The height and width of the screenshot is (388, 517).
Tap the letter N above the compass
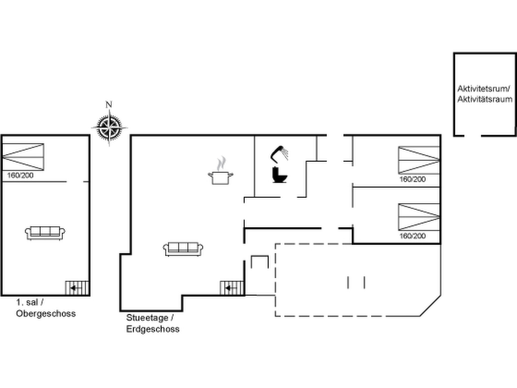(109, 104)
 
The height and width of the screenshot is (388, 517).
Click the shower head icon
(279, 153)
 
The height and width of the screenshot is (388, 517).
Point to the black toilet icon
(280, 175)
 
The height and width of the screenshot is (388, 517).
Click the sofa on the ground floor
(183, 249)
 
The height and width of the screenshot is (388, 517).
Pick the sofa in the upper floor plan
(45, 233)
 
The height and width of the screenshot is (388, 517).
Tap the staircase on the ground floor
(232, 288)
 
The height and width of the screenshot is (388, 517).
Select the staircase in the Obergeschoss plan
(77, 288)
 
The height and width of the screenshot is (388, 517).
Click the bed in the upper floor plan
(23, 157)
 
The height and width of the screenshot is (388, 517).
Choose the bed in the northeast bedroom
(419, 160)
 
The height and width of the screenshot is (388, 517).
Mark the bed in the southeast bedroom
(419, 217)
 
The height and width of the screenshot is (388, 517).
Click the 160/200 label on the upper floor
(20, 175)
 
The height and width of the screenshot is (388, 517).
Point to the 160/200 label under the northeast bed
(412, 179)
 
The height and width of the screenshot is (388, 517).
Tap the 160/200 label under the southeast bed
(412, 236)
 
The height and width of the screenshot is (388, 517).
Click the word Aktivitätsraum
(485, 99)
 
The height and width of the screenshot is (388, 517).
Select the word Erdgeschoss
(153, 329)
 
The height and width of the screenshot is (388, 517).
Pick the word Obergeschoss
(46, 313)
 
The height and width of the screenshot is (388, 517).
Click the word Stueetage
(147, 318)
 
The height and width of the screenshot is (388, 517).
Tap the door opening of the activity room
(473, 136)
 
